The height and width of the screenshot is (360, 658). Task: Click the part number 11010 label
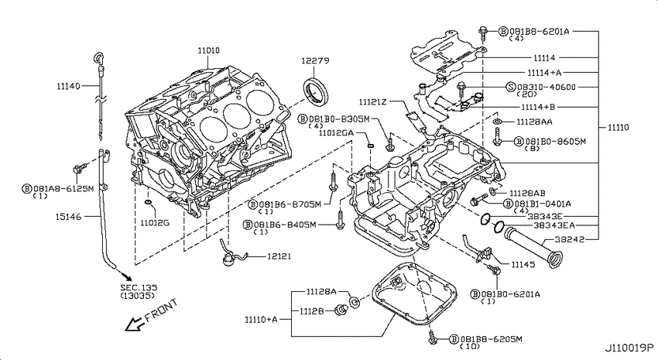(x=208, y=51)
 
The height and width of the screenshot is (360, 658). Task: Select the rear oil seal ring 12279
(x=316, y=93)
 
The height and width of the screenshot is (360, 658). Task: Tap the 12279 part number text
(x=315, y=61)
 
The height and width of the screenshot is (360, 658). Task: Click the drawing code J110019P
(x=629, y=348)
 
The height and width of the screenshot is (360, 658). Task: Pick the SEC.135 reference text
(x=139, y=288)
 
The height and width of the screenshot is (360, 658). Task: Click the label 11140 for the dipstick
(x=68, y=86)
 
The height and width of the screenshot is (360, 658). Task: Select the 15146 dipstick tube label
(x=68, y=217)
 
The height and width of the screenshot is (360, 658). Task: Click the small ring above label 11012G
(x=148, y=204)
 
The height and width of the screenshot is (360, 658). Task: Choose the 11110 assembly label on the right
(x=619, y=128)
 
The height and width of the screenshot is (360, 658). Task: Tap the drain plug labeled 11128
(x=341, y=311)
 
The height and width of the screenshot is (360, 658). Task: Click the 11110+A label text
(x=261, y=320)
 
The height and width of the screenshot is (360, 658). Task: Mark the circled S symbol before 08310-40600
(x=511, y=87)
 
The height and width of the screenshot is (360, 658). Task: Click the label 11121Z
(x=372, y=102)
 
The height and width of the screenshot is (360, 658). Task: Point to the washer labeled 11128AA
(x=497, y=122)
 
